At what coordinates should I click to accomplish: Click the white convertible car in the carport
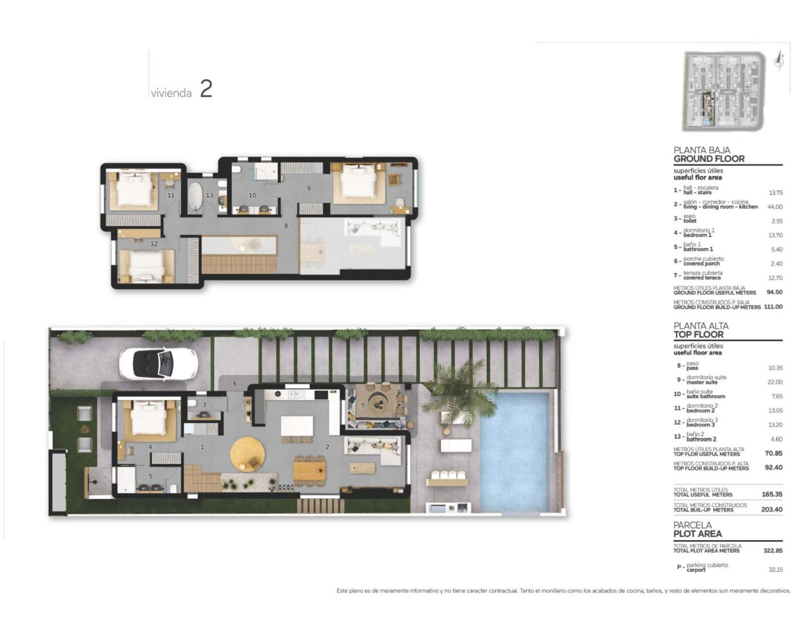(x=158, y=363)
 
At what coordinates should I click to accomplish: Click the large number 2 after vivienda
(x=206, y=89)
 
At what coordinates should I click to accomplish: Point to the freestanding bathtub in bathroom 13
(x=195, y=197)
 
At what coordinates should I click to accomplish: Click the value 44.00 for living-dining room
(x=774, y=207)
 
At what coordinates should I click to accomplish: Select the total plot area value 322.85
(x=772, y=551)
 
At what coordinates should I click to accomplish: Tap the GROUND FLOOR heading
(x=708, y=159)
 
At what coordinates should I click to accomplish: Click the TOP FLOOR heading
(x=698, y=334)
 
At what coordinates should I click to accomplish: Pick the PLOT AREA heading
(x=697, y=534)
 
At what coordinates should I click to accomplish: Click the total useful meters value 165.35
(x=772, y=495)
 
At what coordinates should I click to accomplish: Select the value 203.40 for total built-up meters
(x=772, y=509)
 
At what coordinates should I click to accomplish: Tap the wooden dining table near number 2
(x=309, y=469)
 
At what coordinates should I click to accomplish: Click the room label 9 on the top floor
(x=308, y=188)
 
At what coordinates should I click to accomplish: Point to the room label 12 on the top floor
(x=154, y=244)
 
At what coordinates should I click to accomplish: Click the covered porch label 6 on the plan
(x=235, y=383)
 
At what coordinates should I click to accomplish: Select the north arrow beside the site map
(x=779, y=60)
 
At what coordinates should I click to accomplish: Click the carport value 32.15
(x=775, y=569)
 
